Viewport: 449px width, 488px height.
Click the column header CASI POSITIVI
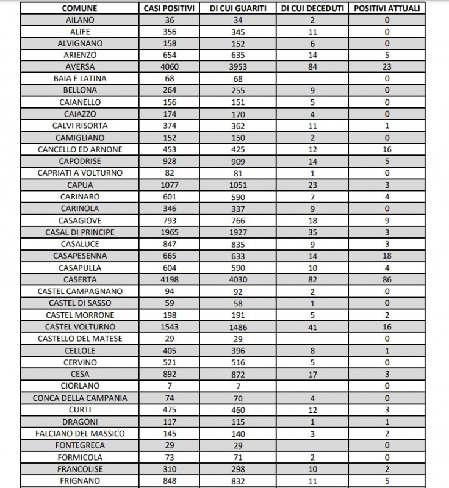coord(170,9)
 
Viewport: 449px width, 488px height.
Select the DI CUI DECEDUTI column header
coord(312,9)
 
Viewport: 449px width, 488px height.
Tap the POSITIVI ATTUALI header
coord(387,9)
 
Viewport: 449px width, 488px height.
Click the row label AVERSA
coord(80,67)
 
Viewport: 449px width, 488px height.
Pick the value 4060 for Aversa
coord(170,67)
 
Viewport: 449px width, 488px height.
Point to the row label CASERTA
coord(80,279)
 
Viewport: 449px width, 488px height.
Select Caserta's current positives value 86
coord(387,279)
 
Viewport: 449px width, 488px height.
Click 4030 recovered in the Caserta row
coord(239,279)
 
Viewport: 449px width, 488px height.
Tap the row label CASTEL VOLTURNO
coord(80,327)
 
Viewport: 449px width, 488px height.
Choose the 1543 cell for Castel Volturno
coord(170,327)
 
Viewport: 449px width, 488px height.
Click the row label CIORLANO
coord(80,386)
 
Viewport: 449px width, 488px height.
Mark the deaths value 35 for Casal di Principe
coord(312,232)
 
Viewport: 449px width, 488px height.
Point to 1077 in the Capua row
coord(170,185)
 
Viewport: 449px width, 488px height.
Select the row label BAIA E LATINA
coord(80,79)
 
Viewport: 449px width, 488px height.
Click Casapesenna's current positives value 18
coord(387,256)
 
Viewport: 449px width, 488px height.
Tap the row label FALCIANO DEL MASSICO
coord(80,433)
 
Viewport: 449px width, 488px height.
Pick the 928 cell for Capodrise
coord(170,162)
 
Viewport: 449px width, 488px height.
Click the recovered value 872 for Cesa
coord(239,374)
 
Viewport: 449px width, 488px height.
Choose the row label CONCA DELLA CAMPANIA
coord(80,398)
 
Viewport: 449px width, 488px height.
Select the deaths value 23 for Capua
coord(312,185)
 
